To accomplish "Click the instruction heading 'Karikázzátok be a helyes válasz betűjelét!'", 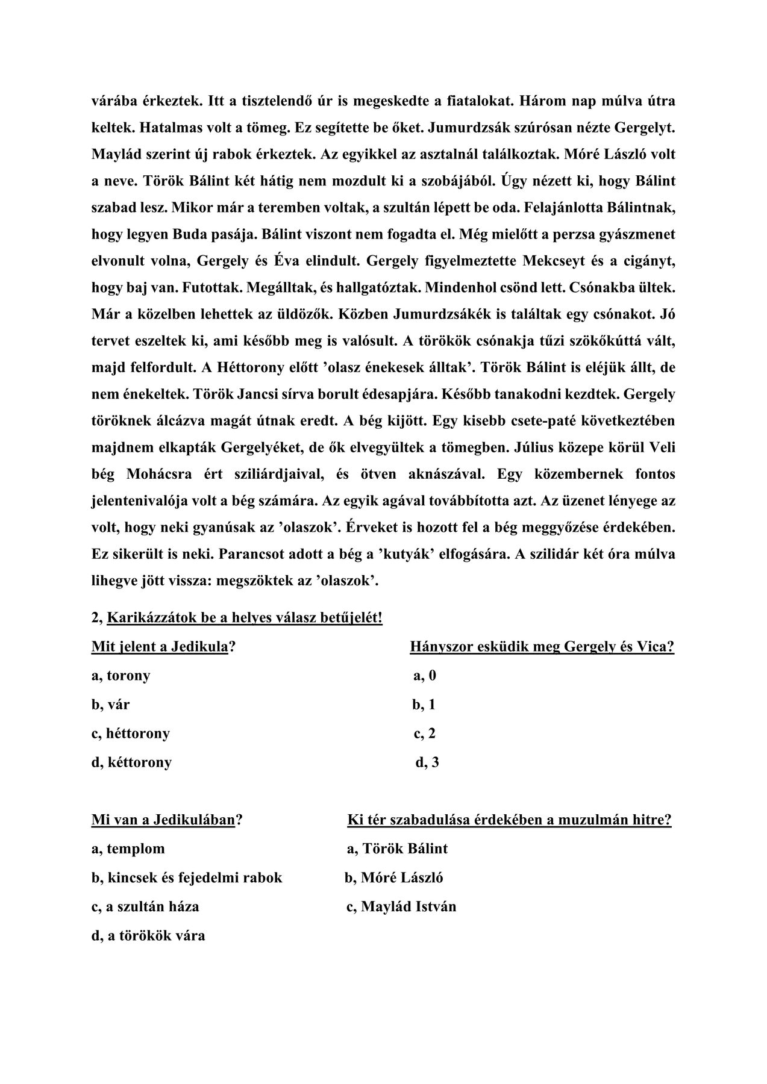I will (x=244, y=618).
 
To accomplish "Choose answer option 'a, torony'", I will (x=121, y=676).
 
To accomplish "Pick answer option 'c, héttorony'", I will (x=131, y=734).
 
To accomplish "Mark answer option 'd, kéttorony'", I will (x=131, y=762).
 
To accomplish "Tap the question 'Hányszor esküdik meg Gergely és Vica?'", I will (x=542, y=647).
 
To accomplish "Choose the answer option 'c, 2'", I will (x=424, y=734).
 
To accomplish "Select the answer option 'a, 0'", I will (x=424, y=676).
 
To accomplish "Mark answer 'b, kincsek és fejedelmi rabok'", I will (x=187, y=877).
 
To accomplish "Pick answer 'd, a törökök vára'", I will (x=148, y=935).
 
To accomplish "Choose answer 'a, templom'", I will (x=128, y=849).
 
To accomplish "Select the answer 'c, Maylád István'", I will (x=401, y=906).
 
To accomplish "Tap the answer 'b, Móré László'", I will (x=393, y=877).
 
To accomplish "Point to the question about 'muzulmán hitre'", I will (x=509, y=820).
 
